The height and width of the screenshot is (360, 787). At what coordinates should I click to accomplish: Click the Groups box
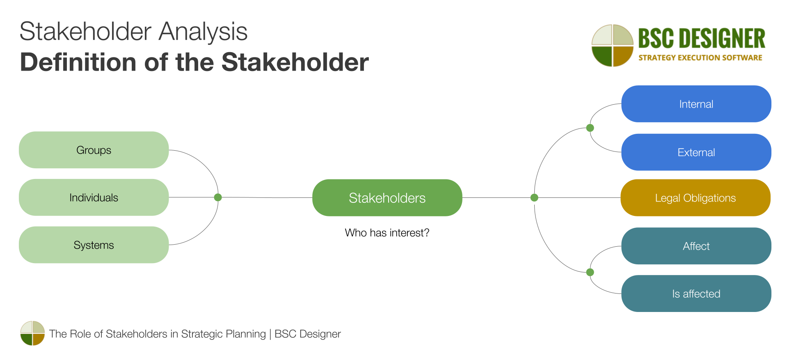[x=94, y=150]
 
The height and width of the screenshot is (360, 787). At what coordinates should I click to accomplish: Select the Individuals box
[x=94, y=197]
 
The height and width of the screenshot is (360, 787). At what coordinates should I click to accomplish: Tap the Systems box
[x=94, y=245]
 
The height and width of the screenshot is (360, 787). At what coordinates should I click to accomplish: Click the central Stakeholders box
[x=387, y=198]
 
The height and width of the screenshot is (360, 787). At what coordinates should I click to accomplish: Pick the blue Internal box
[x=696, y=104]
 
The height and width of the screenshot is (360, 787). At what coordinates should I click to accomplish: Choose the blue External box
[x=696, y=152]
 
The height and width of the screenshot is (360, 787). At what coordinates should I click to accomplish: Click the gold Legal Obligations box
[x=695, y=198]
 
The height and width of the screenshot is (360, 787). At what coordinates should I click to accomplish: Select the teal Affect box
[x=696, y=246]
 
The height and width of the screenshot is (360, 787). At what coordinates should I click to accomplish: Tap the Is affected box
[x=696, y=294]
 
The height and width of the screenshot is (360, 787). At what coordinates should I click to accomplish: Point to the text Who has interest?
[x=387, y=233]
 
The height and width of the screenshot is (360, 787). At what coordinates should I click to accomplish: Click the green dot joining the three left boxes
[x=218, y=197]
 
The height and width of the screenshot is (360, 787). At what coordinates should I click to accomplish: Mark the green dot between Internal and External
[x=590, y=128]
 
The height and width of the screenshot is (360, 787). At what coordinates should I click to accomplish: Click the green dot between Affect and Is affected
[x=590, y=272]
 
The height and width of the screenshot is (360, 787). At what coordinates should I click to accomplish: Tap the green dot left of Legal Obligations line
[x=534, y=198]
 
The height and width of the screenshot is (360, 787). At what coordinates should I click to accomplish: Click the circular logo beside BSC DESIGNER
[x=612, y=45]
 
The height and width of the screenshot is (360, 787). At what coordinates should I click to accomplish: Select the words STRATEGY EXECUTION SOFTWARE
[x=700, y=58]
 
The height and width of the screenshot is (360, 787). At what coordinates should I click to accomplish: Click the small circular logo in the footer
[x=32, y=333]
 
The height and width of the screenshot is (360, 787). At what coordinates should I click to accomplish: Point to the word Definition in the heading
[x=78, y=62]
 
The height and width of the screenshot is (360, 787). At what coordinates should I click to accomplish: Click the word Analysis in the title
[x=203, y=32]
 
